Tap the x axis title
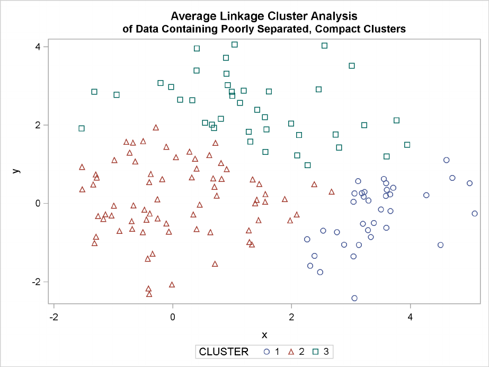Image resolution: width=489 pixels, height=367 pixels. pos(264,335)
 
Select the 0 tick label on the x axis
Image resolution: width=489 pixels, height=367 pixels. pos(173,317)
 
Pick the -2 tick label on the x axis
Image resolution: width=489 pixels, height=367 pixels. pos(52,317)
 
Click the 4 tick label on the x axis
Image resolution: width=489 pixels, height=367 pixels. pos(410,317)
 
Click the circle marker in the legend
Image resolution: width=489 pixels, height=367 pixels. pos(266,351)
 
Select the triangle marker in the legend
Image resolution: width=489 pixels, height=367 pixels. pos(291,351)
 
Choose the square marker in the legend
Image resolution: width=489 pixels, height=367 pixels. pos(316,351)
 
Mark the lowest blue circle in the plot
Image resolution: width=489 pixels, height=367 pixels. pos(354,298)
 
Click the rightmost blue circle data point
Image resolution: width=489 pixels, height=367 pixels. pos(475,213)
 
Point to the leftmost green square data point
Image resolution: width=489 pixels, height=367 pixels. pos(82,128)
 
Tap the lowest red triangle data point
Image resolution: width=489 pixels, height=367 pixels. pos(149,294)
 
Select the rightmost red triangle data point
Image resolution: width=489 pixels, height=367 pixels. pos(332,191)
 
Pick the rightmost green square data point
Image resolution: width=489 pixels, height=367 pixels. pos(407,145)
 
